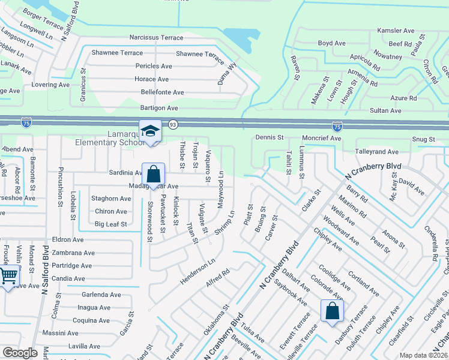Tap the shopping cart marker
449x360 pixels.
click(x=8, y=277)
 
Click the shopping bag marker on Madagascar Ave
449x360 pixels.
click(x=153, y=175)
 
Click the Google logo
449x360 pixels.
click(x=20, y=353)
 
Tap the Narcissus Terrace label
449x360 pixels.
click(x=156, y=38)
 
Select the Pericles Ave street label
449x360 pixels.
click(x=154, y=66)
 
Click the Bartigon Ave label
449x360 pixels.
click(x=159, y=108)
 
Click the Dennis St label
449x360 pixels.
click(x=269, y=137)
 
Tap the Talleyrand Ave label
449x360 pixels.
click(x=377, y=152)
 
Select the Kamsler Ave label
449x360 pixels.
click(x=396, y=31)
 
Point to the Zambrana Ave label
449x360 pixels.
click(x=73, y=253)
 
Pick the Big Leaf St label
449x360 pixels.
click(x=111, y=224)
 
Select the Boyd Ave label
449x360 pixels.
click(x=332, y=43)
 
